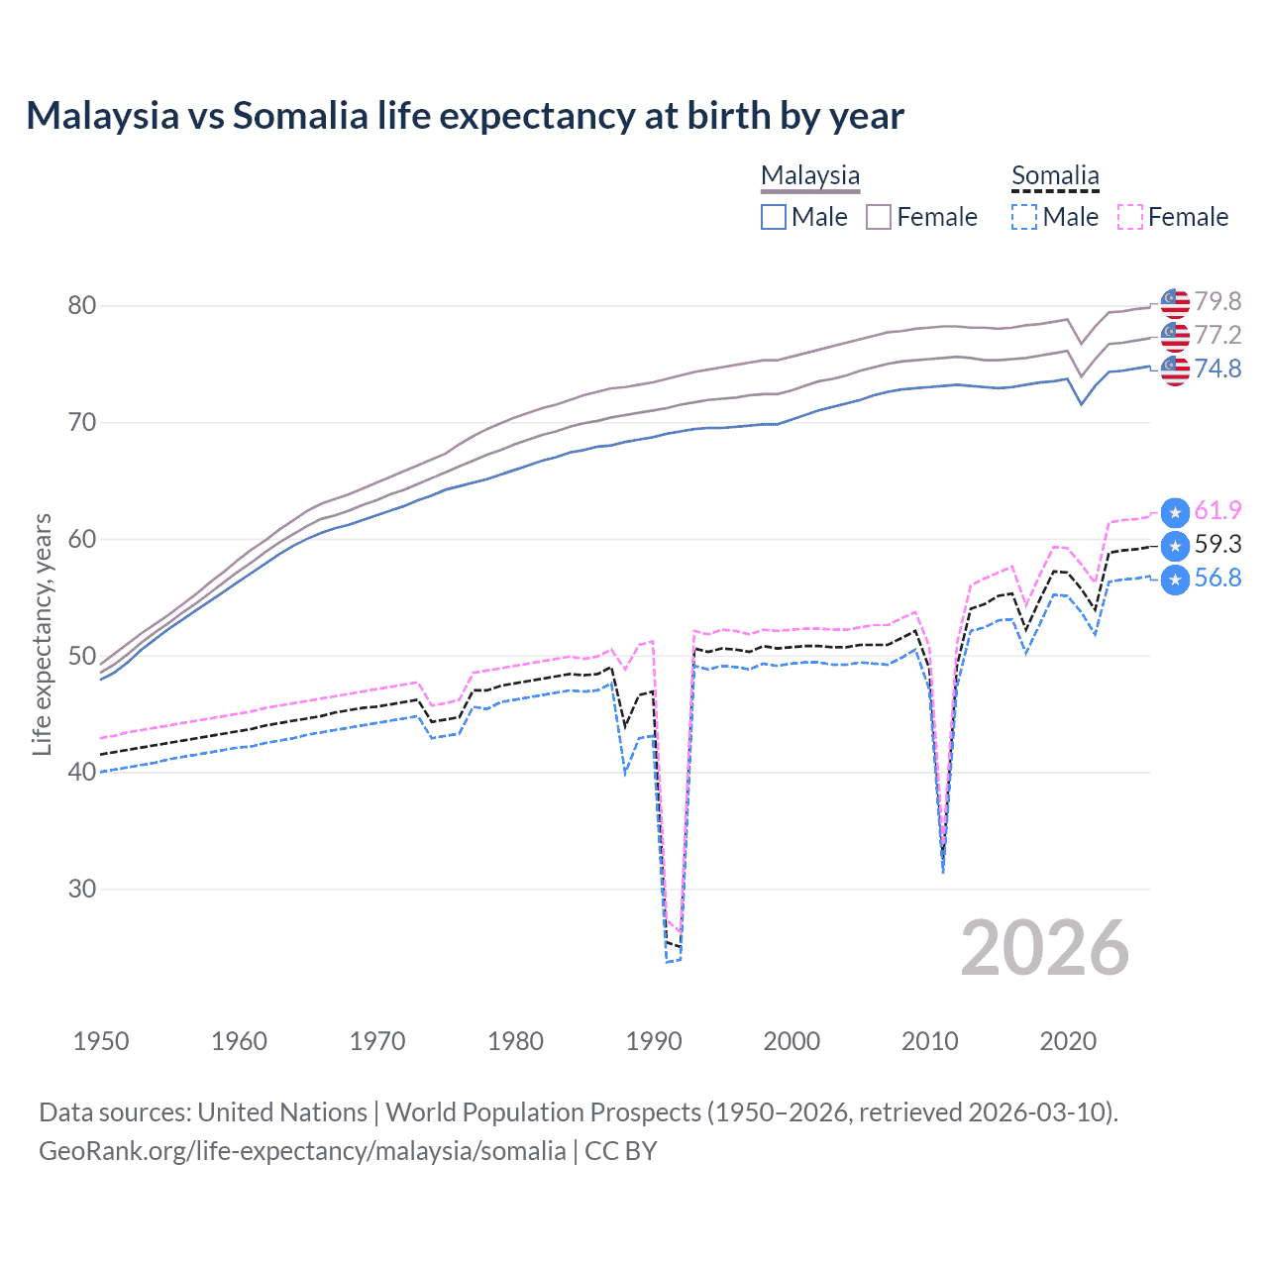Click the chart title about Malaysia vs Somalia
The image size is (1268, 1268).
click(465, 116)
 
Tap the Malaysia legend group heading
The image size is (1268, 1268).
click(810, 175)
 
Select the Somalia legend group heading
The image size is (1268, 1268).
click(1055, 175)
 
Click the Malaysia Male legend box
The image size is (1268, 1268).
click(774, 217)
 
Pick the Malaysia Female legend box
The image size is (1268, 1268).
click(879, 217)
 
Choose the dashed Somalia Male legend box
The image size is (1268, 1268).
click(1024, 217)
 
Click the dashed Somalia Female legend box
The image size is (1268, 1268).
click(1130, 217)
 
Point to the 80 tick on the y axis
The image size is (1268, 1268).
click(82, 305)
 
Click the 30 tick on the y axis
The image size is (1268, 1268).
click(82, 889)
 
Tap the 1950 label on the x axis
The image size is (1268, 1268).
click(101, 1041)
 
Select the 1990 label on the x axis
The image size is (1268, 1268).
click(654, 1041)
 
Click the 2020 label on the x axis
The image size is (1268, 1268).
click(1068, 1041)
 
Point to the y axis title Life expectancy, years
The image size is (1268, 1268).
click(43, 634)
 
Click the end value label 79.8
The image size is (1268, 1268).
click(1217, 301)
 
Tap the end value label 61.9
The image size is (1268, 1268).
click(1217, 510)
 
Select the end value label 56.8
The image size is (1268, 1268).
click(1217, 578)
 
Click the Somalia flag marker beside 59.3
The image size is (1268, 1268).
click(1175, 546)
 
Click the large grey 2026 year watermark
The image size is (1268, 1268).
click(1045, 948)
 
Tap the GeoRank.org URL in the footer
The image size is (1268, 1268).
click(302, 1151)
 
